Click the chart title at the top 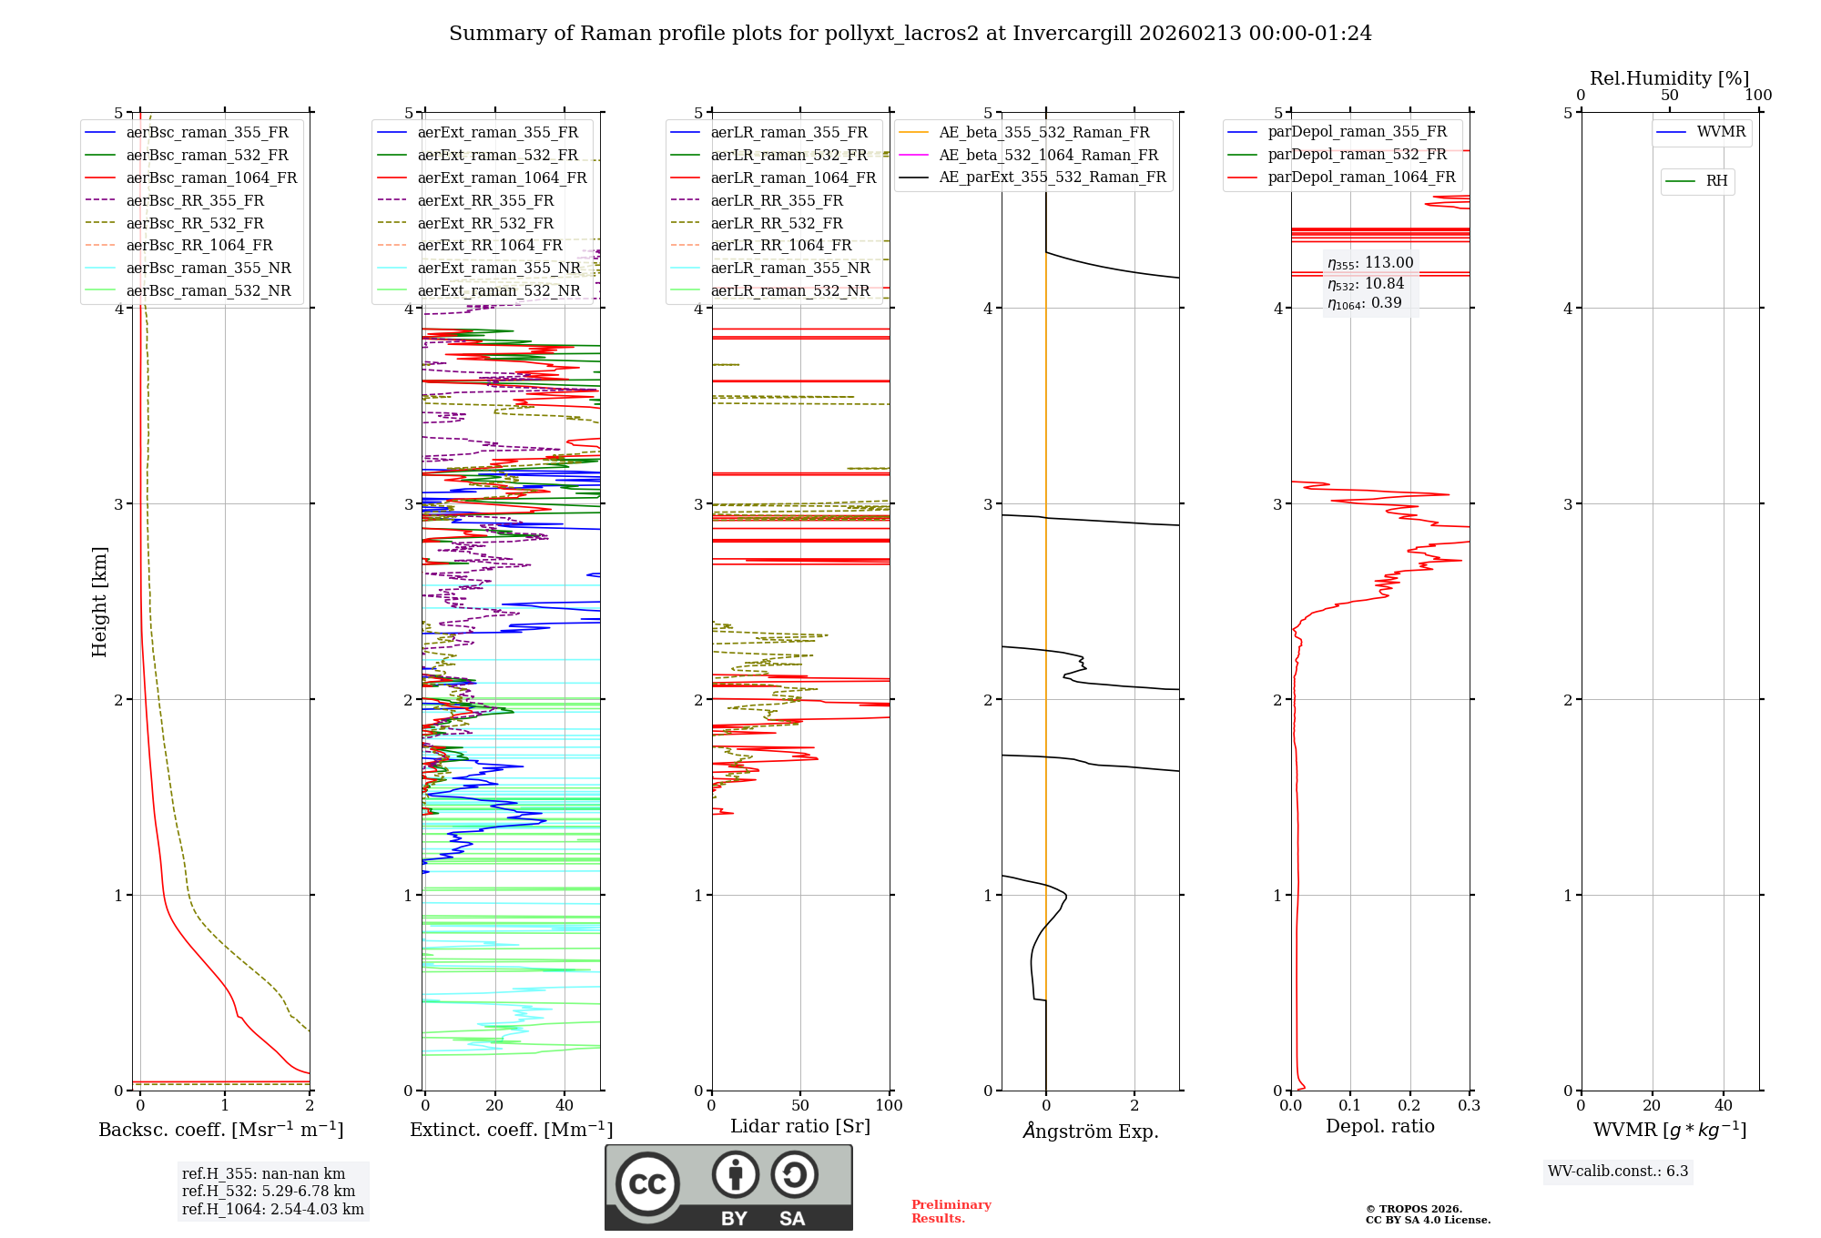[x=910, y=34]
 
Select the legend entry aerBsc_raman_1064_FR [x=211, y=178]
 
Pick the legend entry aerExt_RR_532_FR [x=484, y=223]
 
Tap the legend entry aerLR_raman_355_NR [x=789, y=268]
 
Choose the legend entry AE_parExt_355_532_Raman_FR [x=1052, y=177]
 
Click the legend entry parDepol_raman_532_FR [x=1357, y=154]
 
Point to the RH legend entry [x=1716, y=181]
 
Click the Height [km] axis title [x=99, y=602]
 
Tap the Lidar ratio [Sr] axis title [x=800, y=1126]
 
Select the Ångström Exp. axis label [x=1091, y=1131]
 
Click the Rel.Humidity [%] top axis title [x=1669, y=78]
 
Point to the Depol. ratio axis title [x=1379, y=1126]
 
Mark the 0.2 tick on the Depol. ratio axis [x=1409, y=1105]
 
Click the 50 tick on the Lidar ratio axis [x=800, y=1105]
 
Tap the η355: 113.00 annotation [x=1370, y=263]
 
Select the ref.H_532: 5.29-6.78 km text [x=269, y=1191]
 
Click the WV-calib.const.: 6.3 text [x=1618, y=1171]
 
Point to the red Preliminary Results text [x=951, y=1211]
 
